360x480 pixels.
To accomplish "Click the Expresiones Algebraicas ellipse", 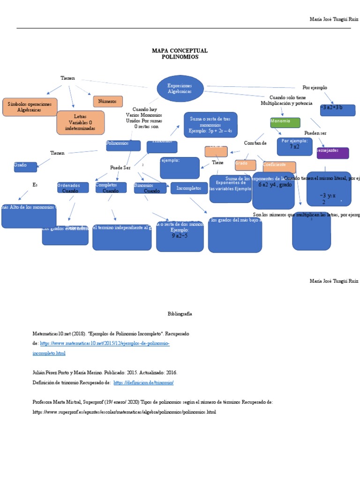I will click(180, 89).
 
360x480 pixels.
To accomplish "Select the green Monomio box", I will click(285, 123).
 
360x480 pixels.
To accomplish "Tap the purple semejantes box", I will click(333, 153).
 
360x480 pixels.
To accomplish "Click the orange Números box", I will click(108, 101).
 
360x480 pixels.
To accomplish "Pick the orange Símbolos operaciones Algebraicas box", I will click(30, 107).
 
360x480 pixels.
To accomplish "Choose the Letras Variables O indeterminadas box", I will click(80, 122).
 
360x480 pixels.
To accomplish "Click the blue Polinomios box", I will click(123, 145).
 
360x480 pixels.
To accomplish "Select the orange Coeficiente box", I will click(279, 166).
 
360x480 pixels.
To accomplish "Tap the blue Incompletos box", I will click(189, 188).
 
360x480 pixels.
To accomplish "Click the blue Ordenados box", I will click(73, 187).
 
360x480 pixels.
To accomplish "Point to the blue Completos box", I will click(111, 187).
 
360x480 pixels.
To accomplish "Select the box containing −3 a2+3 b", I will click(337, 110).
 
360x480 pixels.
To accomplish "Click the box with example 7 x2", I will click(294, 146).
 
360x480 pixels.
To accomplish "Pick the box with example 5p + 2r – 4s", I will click(210, 125).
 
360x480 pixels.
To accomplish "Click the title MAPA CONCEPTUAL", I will click(180, 51).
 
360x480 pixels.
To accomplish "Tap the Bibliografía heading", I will click(180, 314).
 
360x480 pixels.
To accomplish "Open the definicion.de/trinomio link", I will click(143, 382).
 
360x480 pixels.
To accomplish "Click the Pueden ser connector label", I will click(315, 133).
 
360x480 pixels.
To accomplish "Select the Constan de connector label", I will click(255, 143).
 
